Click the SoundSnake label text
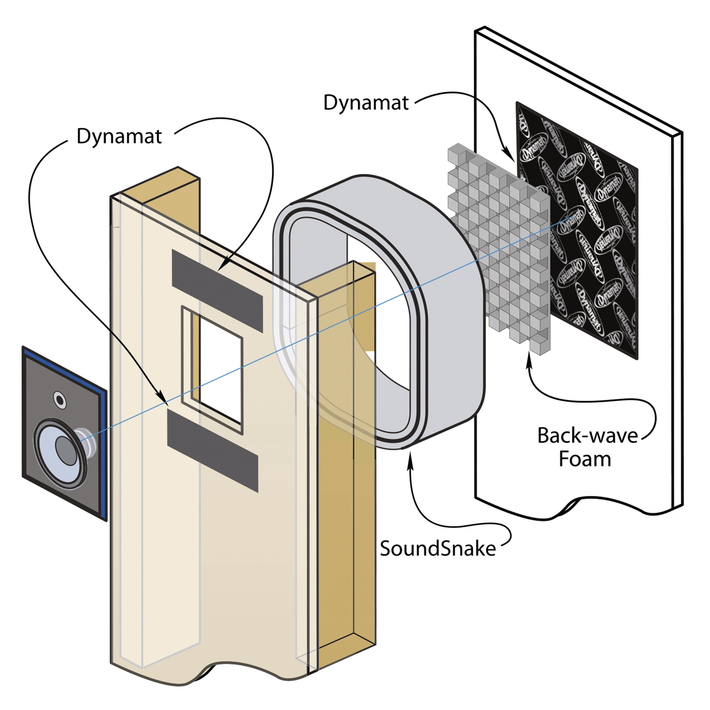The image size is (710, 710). coord(437,549)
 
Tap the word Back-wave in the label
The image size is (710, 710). coord(587,436)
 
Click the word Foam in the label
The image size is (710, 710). coord(585,459)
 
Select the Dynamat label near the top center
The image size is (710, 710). coord(366,103)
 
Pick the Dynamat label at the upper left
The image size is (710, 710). coord(119,136)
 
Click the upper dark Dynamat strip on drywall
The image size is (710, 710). coord(217,291)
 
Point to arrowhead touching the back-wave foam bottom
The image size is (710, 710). coord(528,359)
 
